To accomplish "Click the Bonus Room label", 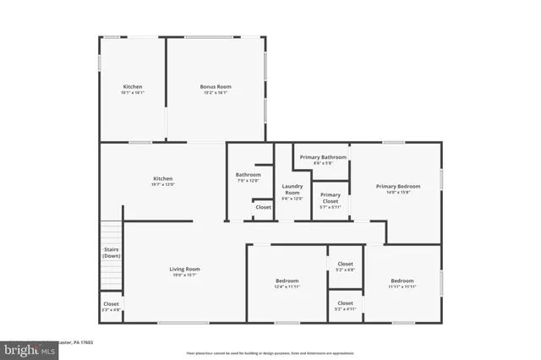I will tap(216, 87).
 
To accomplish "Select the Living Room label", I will tap(185, 270).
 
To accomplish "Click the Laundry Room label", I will tap(292, 190).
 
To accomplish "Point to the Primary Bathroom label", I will tap(323, 157).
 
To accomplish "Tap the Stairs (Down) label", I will tap(112, 253).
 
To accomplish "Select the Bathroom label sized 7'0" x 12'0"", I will tap(248, 175).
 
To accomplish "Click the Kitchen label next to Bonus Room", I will tap(133, 87).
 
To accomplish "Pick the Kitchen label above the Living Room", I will tap(162, 178).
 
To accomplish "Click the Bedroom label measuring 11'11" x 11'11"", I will tap(402, 281).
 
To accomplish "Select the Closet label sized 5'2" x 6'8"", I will tap(345, 265).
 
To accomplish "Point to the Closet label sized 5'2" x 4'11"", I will tap(345, 303).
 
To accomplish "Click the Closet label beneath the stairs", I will tap(111, 304).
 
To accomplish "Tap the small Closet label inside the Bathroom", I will tap(263, 207).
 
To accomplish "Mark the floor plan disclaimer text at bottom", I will tap(270, 352).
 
